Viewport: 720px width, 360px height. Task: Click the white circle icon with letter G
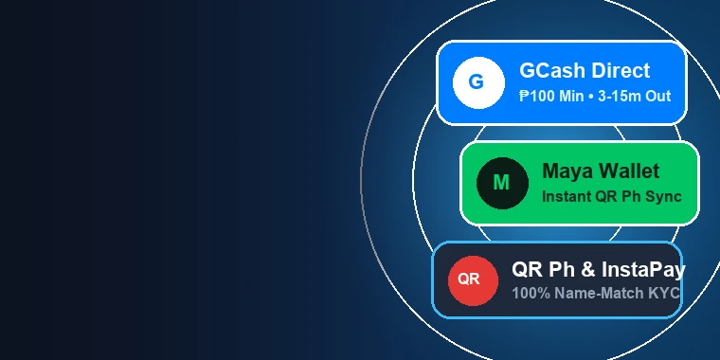(478, 82)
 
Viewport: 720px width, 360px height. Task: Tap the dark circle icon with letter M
(502, 183)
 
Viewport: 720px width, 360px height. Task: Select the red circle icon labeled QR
(473, 280)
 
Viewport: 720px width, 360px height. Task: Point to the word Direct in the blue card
(621, 71)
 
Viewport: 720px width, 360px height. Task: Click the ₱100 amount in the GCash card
(538, 96)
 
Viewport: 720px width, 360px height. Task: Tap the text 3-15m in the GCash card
(620, 96)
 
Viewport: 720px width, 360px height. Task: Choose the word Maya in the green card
(568, 171)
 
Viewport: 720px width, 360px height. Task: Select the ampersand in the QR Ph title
(588, 270)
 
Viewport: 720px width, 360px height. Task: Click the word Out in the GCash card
(658, 96)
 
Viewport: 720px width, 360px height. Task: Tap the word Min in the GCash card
(571, 96)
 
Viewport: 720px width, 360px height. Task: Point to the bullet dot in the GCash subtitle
(590, 97)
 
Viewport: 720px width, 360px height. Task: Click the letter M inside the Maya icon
(501, 183)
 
